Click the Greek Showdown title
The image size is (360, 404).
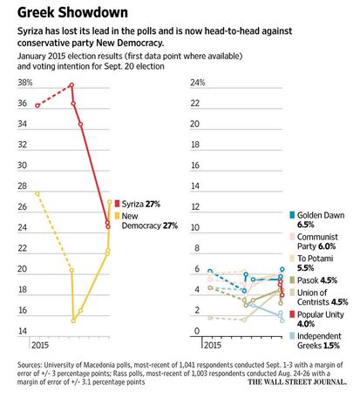click(x=72, y=13)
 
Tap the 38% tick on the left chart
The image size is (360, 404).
click(x=25, y=83)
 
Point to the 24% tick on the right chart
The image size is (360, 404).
click(x=198, y=83)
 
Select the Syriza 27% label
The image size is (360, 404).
click(x=141, y=204)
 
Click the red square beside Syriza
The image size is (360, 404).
click(x=117, y=204)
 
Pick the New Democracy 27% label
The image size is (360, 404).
click(x=149, y=221)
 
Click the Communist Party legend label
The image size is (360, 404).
click(x=317, y=241)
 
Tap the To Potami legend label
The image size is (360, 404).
click(x=315, y=263)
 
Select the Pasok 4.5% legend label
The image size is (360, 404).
click(x=317, y=280)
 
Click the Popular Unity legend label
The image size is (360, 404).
click(x=320, y=319)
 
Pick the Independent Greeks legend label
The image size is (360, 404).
click(x=319, y=340)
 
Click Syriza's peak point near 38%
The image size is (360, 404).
click(x=71, y=85)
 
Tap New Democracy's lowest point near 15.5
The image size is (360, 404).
click(x=73, y=320)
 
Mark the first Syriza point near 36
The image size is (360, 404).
click(x=37, y=105)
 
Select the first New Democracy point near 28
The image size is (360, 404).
click(x=37, y=193)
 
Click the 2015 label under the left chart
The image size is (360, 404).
click(x=40, y=345)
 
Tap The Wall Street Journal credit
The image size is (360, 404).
click(x=297, y=382)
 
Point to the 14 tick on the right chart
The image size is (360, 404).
click(x=195, y=186)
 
